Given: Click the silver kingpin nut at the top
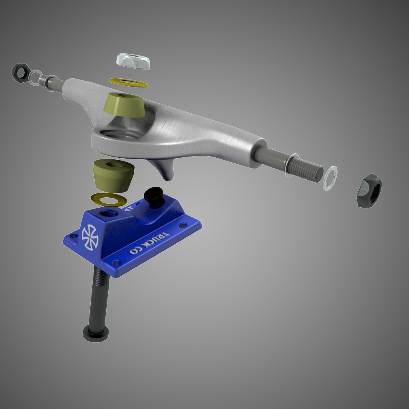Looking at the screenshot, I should (133, 60).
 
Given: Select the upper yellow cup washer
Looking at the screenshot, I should (128, 83).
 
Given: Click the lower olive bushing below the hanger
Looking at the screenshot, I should (113, 176).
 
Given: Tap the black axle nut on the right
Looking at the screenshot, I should (369, 190).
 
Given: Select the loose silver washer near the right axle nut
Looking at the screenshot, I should (330, 178).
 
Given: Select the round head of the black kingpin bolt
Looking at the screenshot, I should (96, 331).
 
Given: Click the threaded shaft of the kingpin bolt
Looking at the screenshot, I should (100, 296).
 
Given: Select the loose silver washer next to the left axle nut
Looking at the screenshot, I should (35, 77).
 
